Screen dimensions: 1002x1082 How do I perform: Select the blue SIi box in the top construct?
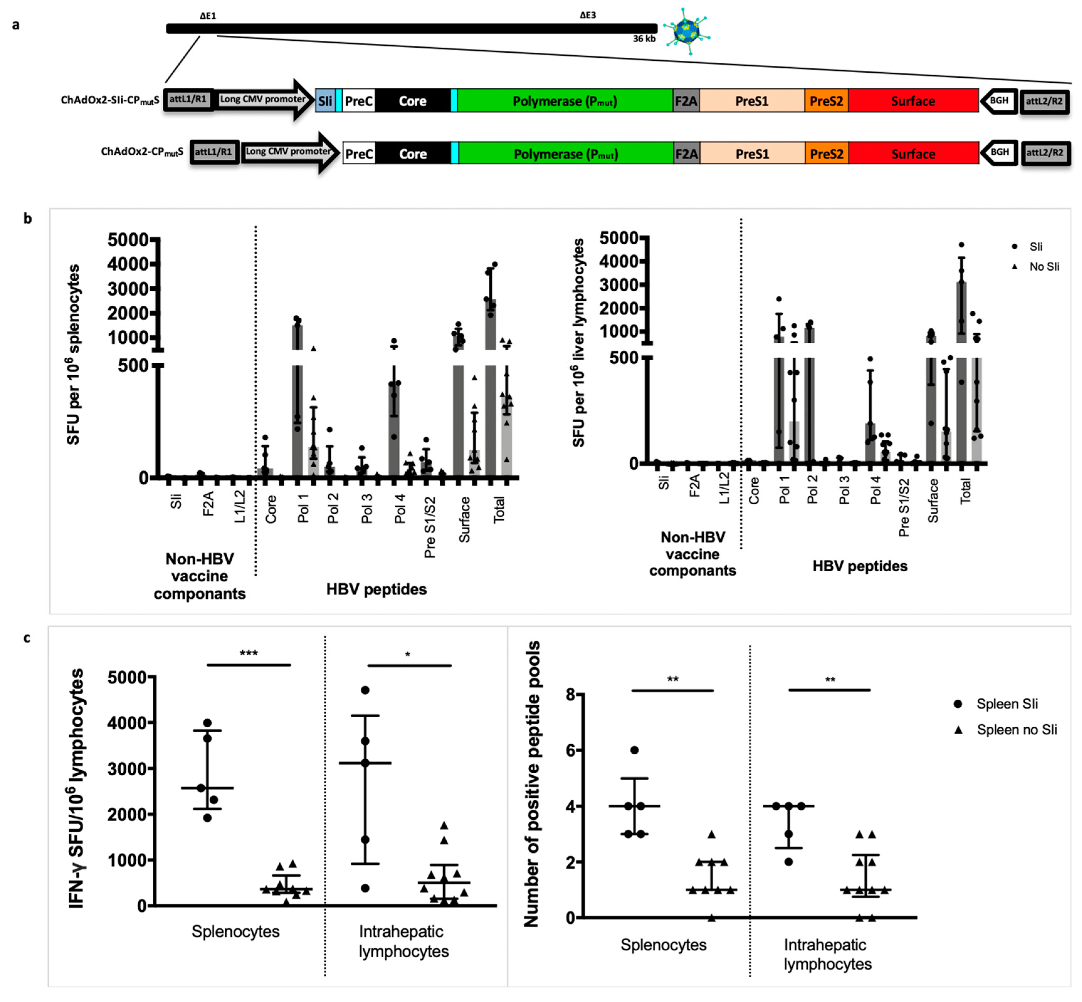pos(325,101)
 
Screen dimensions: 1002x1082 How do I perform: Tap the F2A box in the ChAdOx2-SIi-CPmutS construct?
pos(686,101)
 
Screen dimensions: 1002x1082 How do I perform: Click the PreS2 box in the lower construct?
pos(827,154)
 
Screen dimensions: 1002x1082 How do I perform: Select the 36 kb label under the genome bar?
pos(644,39)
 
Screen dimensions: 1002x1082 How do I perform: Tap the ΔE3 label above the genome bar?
pos(588,15)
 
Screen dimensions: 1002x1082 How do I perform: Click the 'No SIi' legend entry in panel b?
pos(1043,266)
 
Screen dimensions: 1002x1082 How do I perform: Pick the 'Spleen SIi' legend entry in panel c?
pos(1006,704)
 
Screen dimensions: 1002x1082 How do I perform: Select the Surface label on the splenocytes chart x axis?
pos(465,519)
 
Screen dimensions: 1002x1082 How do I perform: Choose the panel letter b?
pos(27,219)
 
